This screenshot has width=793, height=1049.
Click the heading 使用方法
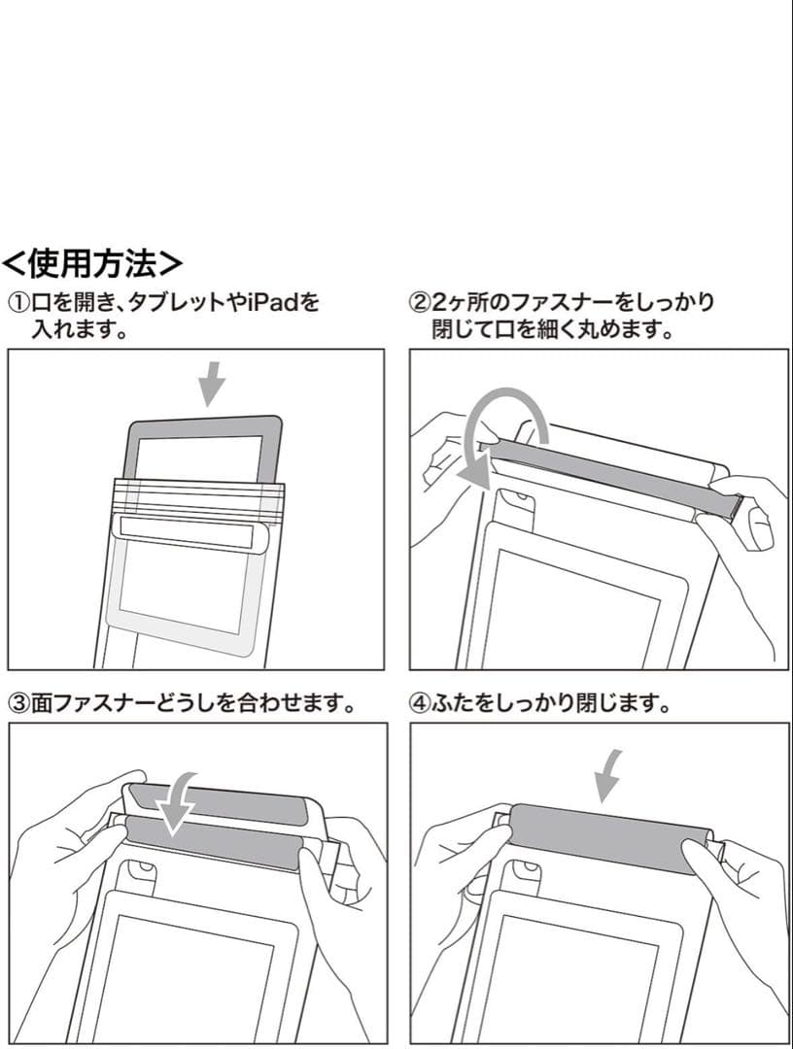pos(93,262)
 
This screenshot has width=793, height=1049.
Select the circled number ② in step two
pos(420,303)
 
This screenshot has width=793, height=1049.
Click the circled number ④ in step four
pos(420,702)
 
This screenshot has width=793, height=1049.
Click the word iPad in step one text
pos(271,303)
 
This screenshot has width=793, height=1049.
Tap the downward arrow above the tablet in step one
pos(211,385)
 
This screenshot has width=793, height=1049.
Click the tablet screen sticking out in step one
pos(200,457)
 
